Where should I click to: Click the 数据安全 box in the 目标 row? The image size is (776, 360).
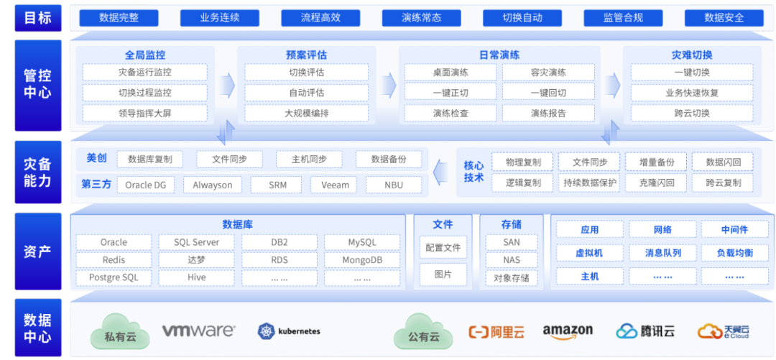coord(724,17)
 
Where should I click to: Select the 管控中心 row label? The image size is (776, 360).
coord(37,83)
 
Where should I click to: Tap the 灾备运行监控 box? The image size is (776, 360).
coord(144,73)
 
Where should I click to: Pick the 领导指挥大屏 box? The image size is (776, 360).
coord(144,113)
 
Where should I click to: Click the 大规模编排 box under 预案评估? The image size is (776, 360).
coord(306,113)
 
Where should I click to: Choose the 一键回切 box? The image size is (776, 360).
coord(548,93)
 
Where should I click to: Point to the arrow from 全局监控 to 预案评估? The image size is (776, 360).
coord(227,84)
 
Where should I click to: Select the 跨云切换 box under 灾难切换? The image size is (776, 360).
coord(692,113)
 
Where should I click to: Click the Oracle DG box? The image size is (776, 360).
coord(145,185)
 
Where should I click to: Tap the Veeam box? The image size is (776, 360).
coord(335,185)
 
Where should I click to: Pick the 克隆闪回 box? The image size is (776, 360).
coord(656,183)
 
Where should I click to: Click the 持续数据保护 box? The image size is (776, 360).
coord(588,183)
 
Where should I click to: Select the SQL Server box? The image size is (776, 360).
coord(196,242)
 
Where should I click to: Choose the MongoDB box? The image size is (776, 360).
coord(361,259)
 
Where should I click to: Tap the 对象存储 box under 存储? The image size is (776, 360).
coord(511,277)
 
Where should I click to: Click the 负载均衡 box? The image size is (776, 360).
coord(734,253)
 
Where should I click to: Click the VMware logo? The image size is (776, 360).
coord(198,331)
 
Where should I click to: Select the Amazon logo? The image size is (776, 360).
coord(568,331)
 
